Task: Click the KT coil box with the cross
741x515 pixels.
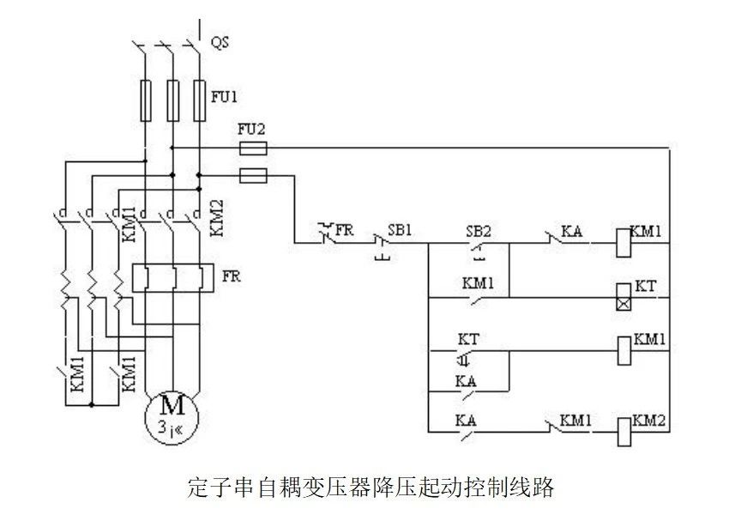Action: (624, 297)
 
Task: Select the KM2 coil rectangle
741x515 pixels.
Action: (624, 429)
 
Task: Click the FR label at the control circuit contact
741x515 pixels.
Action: (344, 231)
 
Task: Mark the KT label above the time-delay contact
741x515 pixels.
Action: (468, 339)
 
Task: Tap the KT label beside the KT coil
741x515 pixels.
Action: (644, 286)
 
